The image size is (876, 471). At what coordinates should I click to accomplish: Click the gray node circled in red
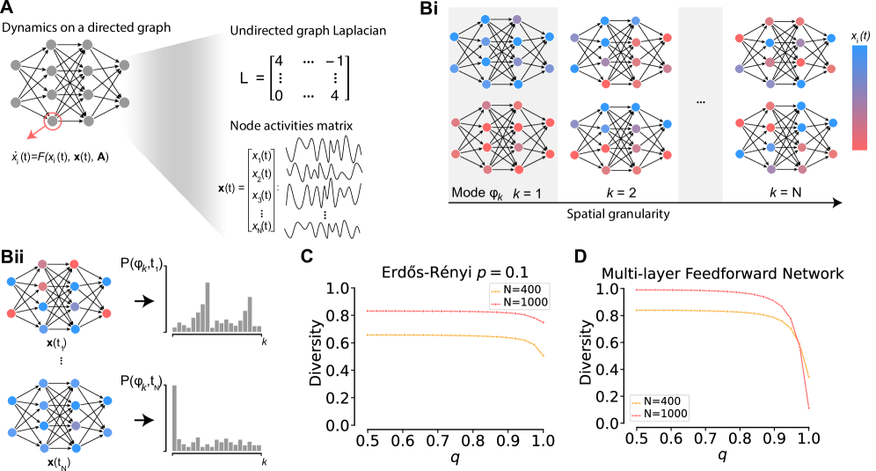click(x=53, y=121)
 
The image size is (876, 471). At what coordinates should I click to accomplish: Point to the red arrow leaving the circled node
click(x=36, y=132)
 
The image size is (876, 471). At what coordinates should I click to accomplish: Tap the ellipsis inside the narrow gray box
click(x=700, y=102)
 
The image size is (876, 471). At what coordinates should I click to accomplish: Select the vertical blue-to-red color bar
click(x=859, y=98)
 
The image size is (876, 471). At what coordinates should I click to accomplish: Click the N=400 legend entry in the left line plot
click(x=520, y=289)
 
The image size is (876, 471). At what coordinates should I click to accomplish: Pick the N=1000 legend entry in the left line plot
click(x=520, y=302)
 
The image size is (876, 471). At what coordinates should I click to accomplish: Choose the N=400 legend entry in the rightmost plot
click(x=660, y=400)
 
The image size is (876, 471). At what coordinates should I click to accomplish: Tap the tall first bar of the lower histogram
click(x=174, y=417)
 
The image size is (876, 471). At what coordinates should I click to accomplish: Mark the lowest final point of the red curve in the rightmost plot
click(x=808, y=408)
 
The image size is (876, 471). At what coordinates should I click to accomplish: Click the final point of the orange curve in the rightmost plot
click(x=808, y=377)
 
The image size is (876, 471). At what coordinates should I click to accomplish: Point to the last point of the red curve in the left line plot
click(x=544, y=323)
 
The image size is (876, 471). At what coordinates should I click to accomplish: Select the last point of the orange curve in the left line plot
click(x=544, y=355)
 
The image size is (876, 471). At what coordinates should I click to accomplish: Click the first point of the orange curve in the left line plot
click(x=368, y=335)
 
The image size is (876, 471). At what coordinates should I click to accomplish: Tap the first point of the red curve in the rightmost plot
click(x=637, y=289)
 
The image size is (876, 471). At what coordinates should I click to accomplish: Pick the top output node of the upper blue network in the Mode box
click(x=549, y=37)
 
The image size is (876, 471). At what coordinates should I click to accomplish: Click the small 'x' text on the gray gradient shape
click(x=222, y=188)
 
